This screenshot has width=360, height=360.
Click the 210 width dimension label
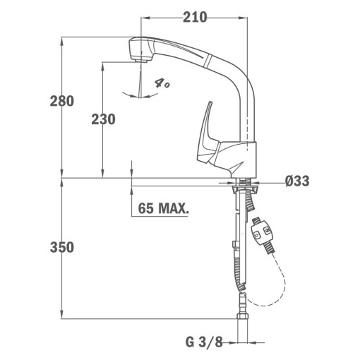click(195, 18)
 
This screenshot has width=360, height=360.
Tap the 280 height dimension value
click(62, 101)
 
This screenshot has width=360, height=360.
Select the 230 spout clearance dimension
click(103, 119)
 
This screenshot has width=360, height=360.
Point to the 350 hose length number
click(62, 247)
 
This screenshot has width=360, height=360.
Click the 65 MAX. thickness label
click(163, 208)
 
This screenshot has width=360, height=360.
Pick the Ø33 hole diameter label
click(297, 181)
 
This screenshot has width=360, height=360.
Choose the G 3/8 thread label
click(204, 342)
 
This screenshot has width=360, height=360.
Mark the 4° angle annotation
click(162, 83)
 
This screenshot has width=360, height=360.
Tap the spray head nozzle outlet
click(141, 61)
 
